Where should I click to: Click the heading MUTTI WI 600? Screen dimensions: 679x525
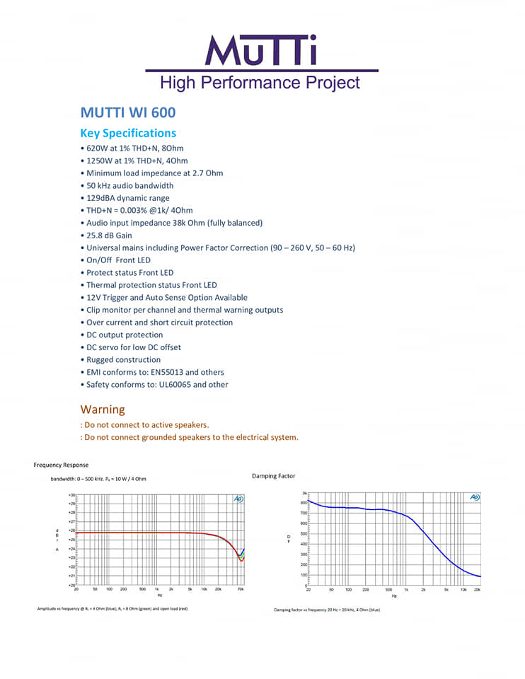point(128,112)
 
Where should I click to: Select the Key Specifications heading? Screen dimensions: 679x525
point(128,133)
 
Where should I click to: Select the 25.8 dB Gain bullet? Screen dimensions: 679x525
point(110,236)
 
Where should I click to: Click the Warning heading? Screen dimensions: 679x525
point(103,410)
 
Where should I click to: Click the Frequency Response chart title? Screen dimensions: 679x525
point(62,465)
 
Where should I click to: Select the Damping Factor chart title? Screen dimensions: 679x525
point(274,476)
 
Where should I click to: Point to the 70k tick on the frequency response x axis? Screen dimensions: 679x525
point(241,588)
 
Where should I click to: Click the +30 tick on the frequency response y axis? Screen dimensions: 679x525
point(71,495)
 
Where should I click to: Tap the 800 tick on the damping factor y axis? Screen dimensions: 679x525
point(303,502)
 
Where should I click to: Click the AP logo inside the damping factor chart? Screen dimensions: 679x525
point(474,497)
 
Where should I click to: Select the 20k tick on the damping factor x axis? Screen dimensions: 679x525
point(478,589)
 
